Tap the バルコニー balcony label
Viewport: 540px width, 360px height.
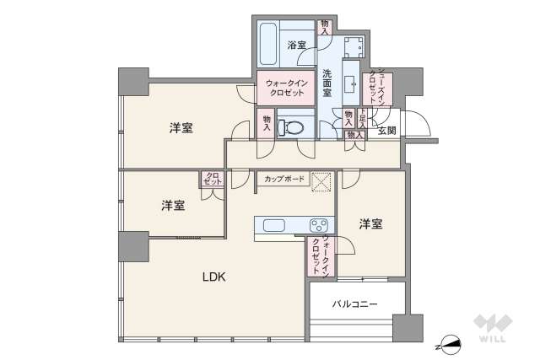point(354,303)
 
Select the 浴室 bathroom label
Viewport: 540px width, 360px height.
point(297,45)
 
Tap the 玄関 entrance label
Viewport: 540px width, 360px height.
point(387,131)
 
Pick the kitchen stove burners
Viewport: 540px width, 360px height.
point(319,226)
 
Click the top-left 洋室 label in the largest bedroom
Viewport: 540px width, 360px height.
point(181,128)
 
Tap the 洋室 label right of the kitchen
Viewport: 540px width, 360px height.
point(370,224)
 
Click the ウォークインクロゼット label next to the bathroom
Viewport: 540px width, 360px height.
point(284,88)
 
